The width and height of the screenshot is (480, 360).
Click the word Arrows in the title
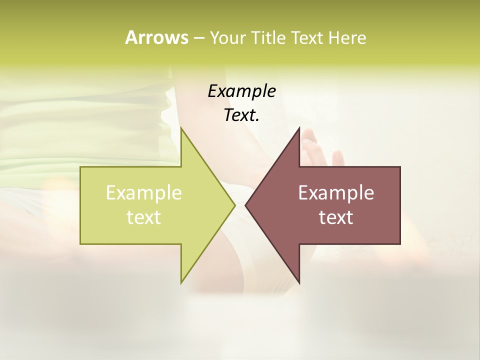click(156, 37)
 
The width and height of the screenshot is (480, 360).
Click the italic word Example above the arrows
click(242, 91)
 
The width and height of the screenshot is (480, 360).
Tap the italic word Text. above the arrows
click(242, 115)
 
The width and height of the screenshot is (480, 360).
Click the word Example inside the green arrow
click(144, 192)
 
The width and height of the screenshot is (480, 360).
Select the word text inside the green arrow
click(144, 217)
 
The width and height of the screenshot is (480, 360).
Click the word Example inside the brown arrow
click(336, 192)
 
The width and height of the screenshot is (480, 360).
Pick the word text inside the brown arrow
click(336, 217)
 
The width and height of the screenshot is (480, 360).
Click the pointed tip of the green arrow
click(235, 205)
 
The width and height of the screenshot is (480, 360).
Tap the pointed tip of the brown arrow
click(245, 205)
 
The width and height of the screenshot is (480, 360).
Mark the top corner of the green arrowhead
click(181, 128)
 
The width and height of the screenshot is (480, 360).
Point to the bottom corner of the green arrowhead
click(181, 283)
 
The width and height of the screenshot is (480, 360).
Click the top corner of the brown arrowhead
click(299, 128)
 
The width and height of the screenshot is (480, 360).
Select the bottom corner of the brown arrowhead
click(299, 283)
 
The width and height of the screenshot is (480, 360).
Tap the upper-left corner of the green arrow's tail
click(80, 167)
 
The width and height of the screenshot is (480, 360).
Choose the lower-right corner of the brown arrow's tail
click(400, 243)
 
